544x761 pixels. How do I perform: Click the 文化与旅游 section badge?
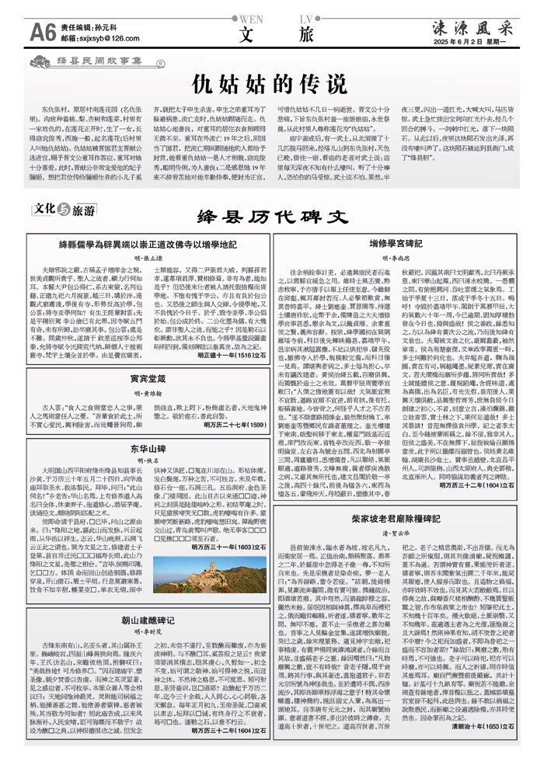click(x=64, y=210)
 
